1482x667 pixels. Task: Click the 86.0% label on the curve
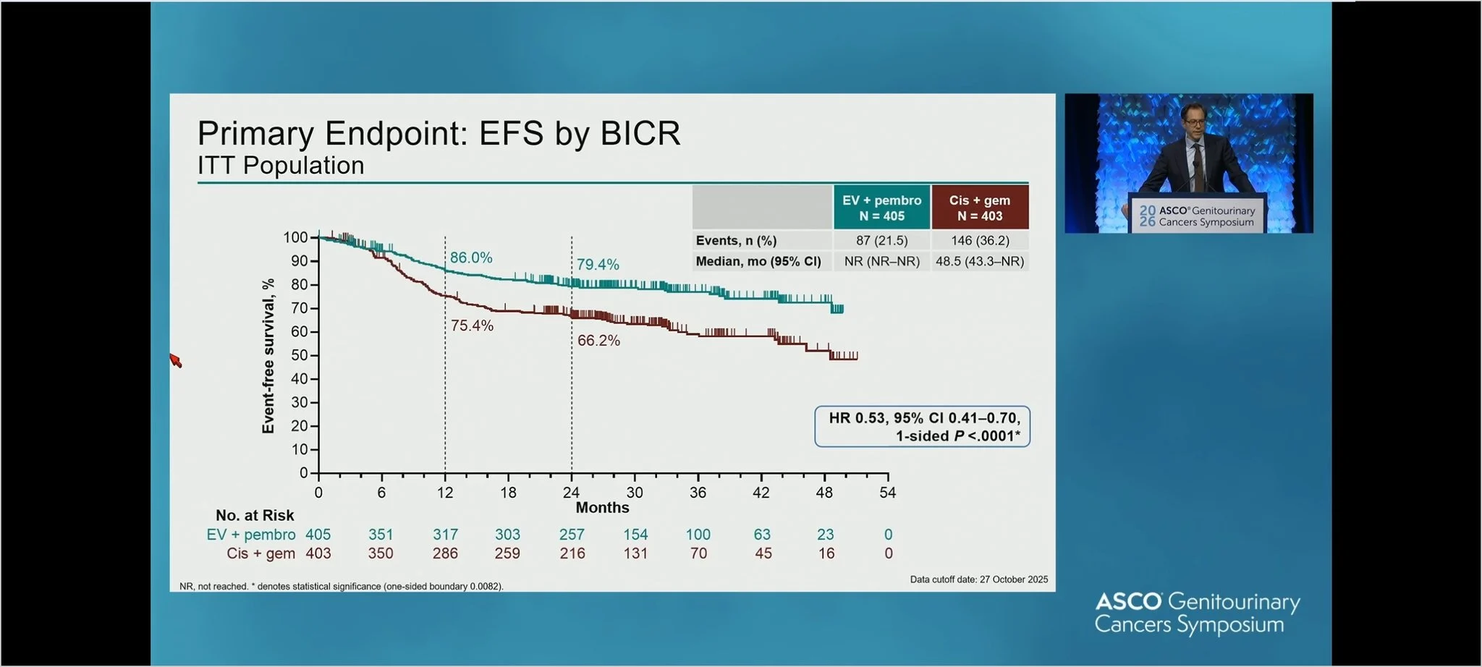(x=471, y=258)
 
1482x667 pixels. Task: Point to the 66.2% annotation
(x=598, y=341)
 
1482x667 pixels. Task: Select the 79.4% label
(x=598, y=265)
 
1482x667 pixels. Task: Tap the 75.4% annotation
(x=472, y=326)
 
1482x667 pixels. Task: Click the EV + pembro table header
(x=881, y=208)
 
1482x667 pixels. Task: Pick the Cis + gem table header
(x=980, y=208)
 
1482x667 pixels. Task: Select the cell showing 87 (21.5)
(x=881, y=241)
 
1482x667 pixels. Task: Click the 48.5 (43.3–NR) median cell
(x=980, y=261)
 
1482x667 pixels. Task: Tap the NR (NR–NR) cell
(x=881, y=261)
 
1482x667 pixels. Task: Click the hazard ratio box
(x=922, y=427)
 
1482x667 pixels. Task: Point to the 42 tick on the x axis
(x=761, y=493)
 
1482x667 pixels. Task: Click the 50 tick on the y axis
(x=299, y=355)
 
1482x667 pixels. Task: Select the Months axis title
(x=602, y=508)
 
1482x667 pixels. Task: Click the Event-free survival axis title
(x=268, y=356)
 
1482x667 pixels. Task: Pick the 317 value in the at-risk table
(x=445, y=535)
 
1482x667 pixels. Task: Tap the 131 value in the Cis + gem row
(x=635, y=553)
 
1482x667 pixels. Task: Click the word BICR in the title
(x=640, y=133)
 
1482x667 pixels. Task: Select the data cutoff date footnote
(x=978, y=579)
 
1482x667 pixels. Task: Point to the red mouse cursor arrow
(x=175, y=360)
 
